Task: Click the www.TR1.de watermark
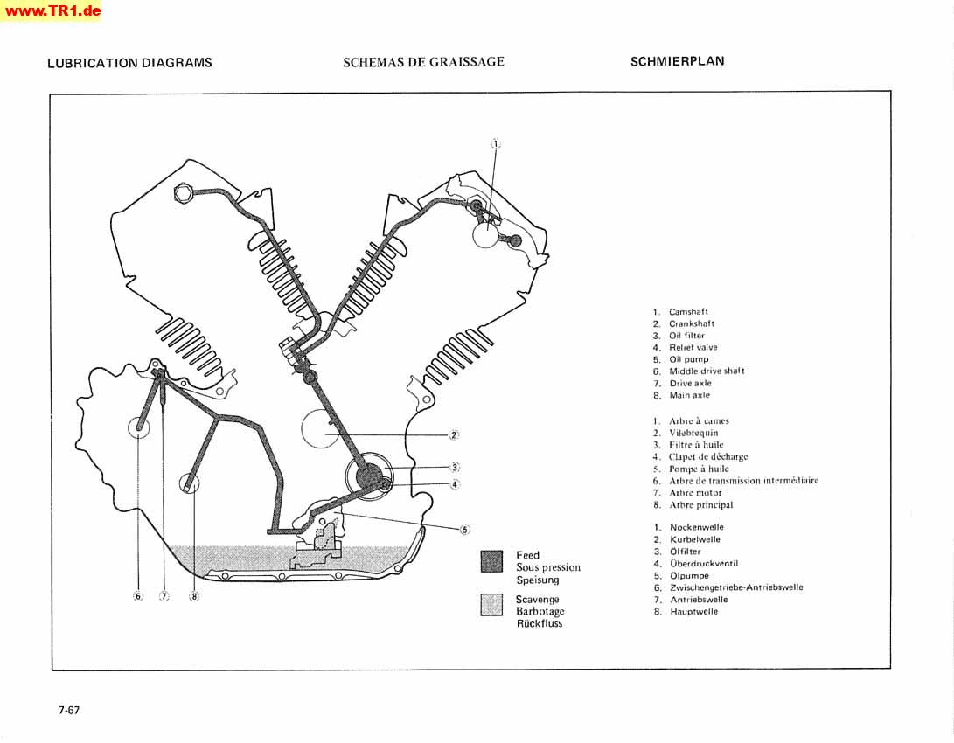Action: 51,11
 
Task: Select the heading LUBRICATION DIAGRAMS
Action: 129,63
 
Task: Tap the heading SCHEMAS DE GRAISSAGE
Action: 423,62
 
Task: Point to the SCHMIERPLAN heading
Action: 677,61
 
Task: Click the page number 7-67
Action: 69,710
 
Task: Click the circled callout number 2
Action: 455,434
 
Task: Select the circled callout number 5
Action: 465,529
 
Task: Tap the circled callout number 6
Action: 138,597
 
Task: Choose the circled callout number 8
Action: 194,597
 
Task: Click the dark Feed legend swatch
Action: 492,561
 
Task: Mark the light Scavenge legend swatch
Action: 492,605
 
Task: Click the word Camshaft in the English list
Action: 688,312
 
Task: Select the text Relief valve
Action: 693,348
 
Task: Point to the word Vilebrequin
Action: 693,433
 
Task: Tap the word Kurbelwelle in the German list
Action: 695,540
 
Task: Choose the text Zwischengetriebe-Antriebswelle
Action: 736,587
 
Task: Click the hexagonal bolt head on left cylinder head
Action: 183,193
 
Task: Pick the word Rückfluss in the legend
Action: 539,623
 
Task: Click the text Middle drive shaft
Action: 707,371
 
